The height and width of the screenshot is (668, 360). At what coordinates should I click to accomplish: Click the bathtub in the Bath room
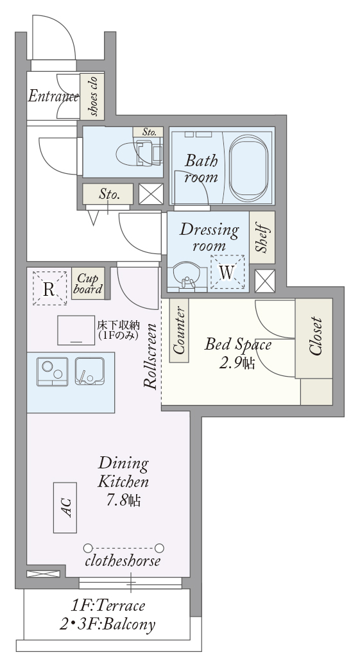pos(249,168)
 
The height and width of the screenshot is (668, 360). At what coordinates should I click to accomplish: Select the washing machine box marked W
pos(228,272)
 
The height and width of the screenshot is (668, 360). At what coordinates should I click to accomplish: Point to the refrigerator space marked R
pos(50,288)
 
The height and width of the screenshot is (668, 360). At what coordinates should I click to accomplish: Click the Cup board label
pos(88,283)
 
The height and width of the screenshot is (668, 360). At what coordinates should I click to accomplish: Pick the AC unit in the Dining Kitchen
pos(65,508)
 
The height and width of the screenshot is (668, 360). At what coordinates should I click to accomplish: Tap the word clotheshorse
pos(123,561)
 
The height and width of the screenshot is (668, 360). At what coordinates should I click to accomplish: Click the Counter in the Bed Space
pos(179,331)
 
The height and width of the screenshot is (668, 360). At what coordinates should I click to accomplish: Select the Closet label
pos(316,336)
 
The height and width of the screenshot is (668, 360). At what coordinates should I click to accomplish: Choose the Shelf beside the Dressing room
pos(262,237)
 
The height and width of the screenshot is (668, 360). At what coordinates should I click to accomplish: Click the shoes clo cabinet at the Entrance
pos(92,96)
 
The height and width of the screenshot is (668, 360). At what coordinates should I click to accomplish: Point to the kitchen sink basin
pos(89,372)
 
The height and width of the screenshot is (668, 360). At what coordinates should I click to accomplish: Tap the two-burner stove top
pos(52,372)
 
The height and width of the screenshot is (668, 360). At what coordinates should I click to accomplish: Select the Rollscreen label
pos(150,356)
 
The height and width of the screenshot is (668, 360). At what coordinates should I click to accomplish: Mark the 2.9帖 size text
pos(237,363)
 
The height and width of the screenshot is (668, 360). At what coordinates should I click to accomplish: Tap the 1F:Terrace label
pos(108,605)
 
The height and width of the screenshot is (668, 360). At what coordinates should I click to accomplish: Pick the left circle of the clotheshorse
pos(88,548)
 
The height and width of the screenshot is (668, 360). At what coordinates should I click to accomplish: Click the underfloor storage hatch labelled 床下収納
pos(76,330)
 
